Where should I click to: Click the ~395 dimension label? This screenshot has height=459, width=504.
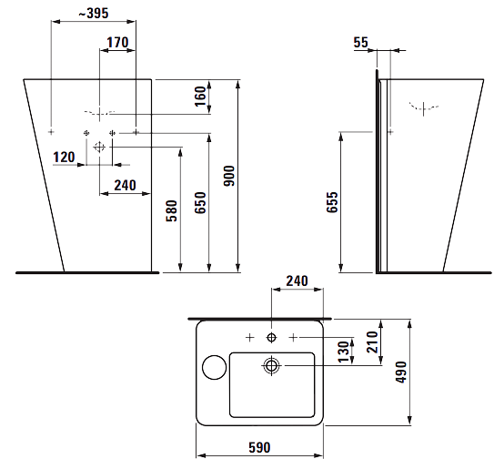click(x=94, y=13)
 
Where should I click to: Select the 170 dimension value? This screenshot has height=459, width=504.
click(x=117, y=43)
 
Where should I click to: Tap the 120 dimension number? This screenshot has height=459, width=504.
click(x=64, y=158)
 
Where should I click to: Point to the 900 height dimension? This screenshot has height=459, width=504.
click(x=229, y=176)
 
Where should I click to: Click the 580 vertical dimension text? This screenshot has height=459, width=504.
click(x=172, y=211)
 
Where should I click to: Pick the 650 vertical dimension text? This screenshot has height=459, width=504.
click(x=200, y=203)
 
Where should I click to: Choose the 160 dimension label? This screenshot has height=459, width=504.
click(x=200, y=97)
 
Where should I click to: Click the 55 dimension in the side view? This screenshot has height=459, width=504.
click(x=360, y=43)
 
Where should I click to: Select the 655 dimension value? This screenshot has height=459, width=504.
click(x=332, y=202)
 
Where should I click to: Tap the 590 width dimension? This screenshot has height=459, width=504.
click(x=259, y=447)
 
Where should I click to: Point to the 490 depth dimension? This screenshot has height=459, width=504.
click(x=401, y=372)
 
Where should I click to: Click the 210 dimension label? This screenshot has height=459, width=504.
click(x=372, y=342)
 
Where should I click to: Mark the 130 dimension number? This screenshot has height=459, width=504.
click(x=344, y=352)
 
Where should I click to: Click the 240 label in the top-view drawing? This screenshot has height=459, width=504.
click(x=297, y=281)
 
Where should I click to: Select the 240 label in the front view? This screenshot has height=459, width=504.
click(x=125, y=186)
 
